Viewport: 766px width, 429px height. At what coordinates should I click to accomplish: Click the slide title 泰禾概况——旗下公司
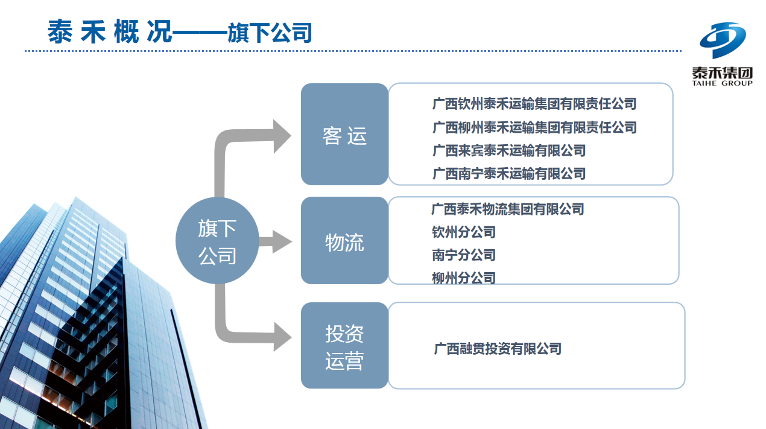180,31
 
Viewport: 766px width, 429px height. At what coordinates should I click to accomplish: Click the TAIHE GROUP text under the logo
722,83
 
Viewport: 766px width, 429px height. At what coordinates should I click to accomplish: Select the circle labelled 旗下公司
217,241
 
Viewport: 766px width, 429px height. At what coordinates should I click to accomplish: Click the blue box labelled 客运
345,134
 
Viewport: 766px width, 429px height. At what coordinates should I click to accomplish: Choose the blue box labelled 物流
345,240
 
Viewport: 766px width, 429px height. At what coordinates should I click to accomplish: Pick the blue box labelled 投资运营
345,345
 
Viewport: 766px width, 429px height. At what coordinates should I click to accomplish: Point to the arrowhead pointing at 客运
282,136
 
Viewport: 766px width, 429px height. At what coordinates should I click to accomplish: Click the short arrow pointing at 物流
275,241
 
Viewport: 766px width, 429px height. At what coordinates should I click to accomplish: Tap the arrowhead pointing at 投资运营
282,337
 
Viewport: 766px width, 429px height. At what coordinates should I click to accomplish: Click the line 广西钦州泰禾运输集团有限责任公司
534,104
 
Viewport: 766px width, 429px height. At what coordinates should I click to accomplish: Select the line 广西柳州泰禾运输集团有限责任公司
534,127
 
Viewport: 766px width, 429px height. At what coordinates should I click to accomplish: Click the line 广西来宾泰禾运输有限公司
509,150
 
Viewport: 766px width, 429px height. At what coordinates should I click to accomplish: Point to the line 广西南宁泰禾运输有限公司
509,173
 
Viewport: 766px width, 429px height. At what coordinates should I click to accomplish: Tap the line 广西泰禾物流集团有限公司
507,209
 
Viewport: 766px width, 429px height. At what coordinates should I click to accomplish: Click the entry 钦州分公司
464,232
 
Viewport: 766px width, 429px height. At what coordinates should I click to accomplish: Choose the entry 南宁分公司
464,255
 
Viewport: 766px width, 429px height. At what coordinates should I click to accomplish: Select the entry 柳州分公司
464,278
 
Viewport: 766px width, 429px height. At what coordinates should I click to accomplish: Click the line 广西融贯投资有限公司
498,349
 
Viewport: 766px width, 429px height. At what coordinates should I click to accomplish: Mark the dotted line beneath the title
353,51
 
